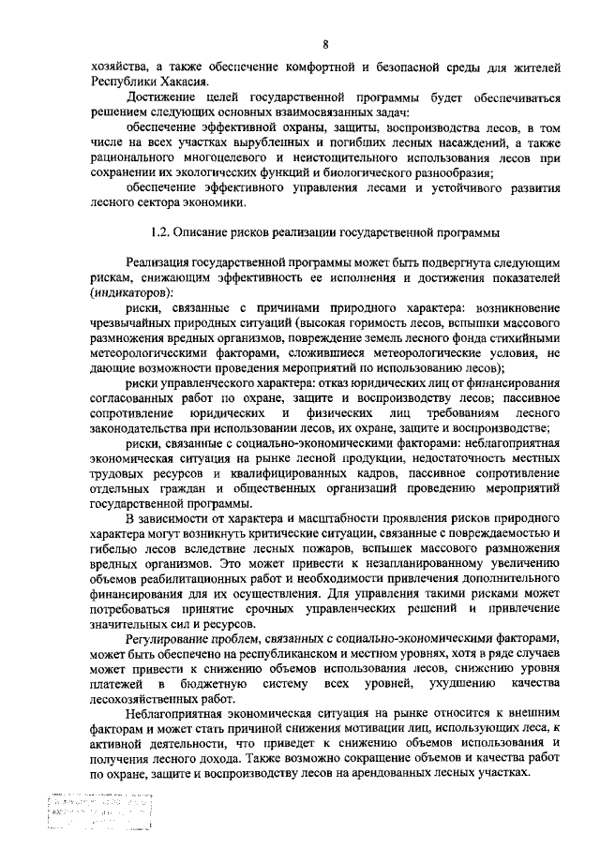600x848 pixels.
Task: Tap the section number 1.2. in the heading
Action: (164, 231)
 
